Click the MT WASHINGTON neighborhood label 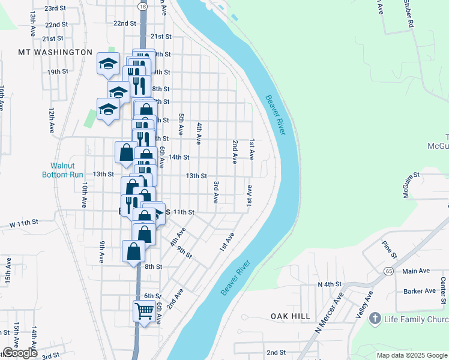point(55,52)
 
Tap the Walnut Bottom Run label point(66,170)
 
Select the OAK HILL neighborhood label point(291,316)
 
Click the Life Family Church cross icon point(376,317)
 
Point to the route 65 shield point(389,272)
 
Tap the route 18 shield point(142,6)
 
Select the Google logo point(20,353)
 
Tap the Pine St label point(390,250)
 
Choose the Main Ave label point(416,271)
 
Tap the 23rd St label point(55,8)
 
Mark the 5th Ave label point(180,123)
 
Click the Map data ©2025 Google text point(411,355)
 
